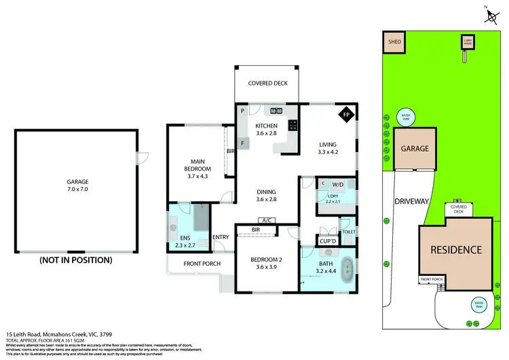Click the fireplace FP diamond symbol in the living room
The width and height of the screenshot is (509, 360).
coord(346,114)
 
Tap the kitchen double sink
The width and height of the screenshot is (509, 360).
coord(276,111)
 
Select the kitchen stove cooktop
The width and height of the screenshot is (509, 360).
coord(293,125)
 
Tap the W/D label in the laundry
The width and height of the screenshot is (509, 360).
coord(338,184)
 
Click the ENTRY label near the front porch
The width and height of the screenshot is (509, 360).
coord(221,237)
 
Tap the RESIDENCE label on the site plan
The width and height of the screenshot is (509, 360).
coord(455,250)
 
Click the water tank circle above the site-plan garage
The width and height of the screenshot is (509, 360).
coord(406,115)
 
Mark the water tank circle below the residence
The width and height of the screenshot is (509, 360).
coord(479,304)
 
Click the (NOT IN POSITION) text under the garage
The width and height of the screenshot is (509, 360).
coord(75,259)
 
